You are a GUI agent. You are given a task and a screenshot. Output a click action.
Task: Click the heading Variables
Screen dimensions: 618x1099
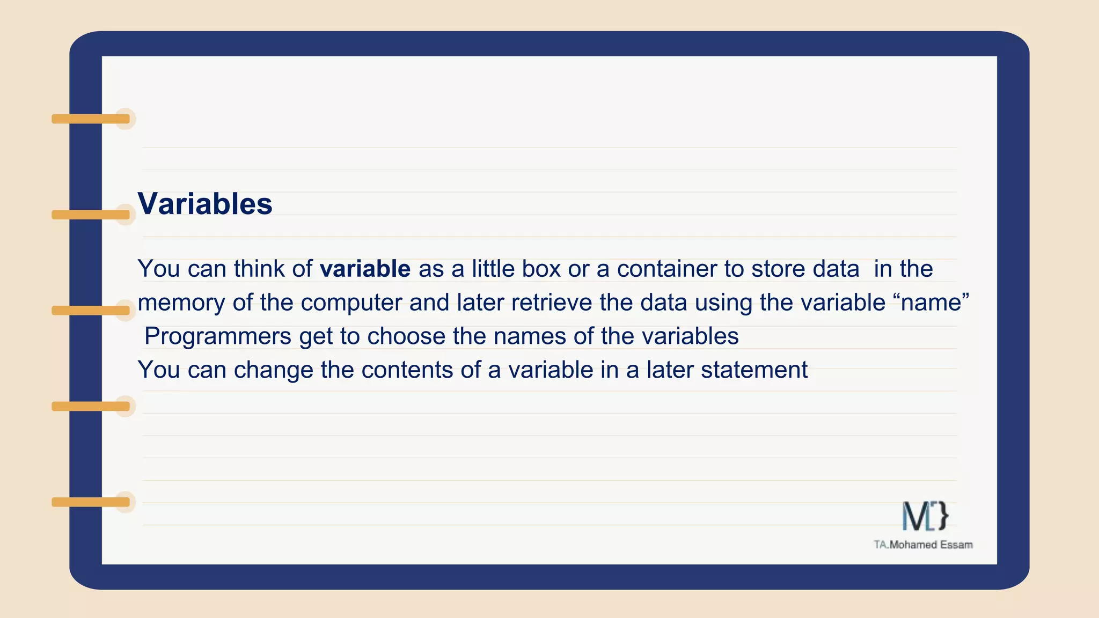pos(205,204)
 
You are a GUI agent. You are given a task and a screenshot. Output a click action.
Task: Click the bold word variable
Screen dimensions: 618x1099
pos(365,269)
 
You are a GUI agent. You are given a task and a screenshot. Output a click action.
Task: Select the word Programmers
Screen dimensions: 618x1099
pos(218,337)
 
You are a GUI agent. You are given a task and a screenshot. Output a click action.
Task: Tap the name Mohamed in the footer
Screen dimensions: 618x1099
pos(912,545)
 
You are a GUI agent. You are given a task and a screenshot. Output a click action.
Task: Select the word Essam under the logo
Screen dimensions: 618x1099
pos(956,545)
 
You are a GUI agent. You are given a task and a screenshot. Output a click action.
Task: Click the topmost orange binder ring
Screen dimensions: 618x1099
pos(91,119)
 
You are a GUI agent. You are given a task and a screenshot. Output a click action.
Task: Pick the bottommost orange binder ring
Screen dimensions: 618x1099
pos(91,502)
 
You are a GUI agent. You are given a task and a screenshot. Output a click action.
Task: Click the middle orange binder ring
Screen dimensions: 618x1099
pos(91,311)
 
